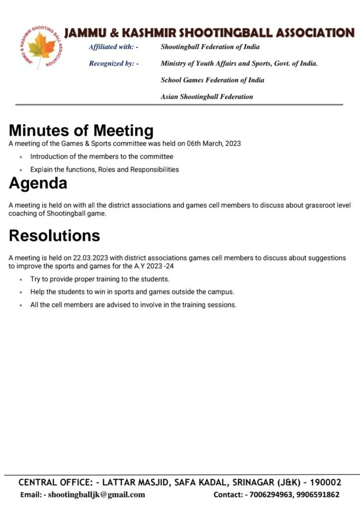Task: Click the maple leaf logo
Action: (x=42, y=48)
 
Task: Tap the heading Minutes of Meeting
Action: (x=81, y=131)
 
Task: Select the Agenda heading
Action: (x=38, y=183)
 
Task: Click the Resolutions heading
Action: (x=54, y=235)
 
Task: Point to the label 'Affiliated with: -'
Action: (x=113, y=47)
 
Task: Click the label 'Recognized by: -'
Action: (x=113, y=64)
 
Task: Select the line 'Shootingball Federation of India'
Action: (x=210, y=47)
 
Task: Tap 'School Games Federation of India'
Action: (x=212, y=80)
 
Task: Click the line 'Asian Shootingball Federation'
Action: (x=206, y=97)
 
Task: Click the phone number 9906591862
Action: (x=317, y=495)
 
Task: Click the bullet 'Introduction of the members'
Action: (x=101, y=157)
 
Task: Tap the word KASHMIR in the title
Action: (x=148, y=33)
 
